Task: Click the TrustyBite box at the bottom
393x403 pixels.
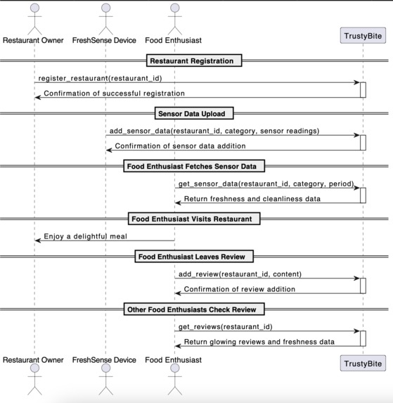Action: click(363, 363)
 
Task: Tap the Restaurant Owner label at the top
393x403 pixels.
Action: click(34, 41)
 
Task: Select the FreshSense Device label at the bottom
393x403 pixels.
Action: click(105, 359)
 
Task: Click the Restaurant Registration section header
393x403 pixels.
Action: click(194, 60)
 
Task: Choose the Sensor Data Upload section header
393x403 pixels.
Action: click(194, 113)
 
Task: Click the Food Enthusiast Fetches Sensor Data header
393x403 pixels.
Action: click(194, 166)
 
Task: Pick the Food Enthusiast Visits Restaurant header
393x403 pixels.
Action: click(194, 219)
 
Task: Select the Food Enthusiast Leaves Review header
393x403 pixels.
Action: click(194, 257)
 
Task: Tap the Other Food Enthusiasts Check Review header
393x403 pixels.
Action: click(194, 309)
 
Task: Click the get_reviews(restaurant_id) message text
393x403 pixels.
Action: click(225, 326)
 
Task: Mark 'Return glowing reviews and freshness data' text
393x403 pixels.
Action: click(259, 342)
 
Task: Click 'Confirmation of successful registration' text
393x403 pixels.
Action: click(115, 93)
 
